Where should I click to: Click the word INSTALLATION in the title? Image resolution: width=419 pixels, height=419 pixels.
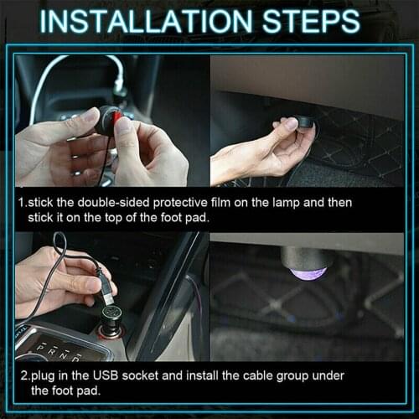[155, 22]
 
